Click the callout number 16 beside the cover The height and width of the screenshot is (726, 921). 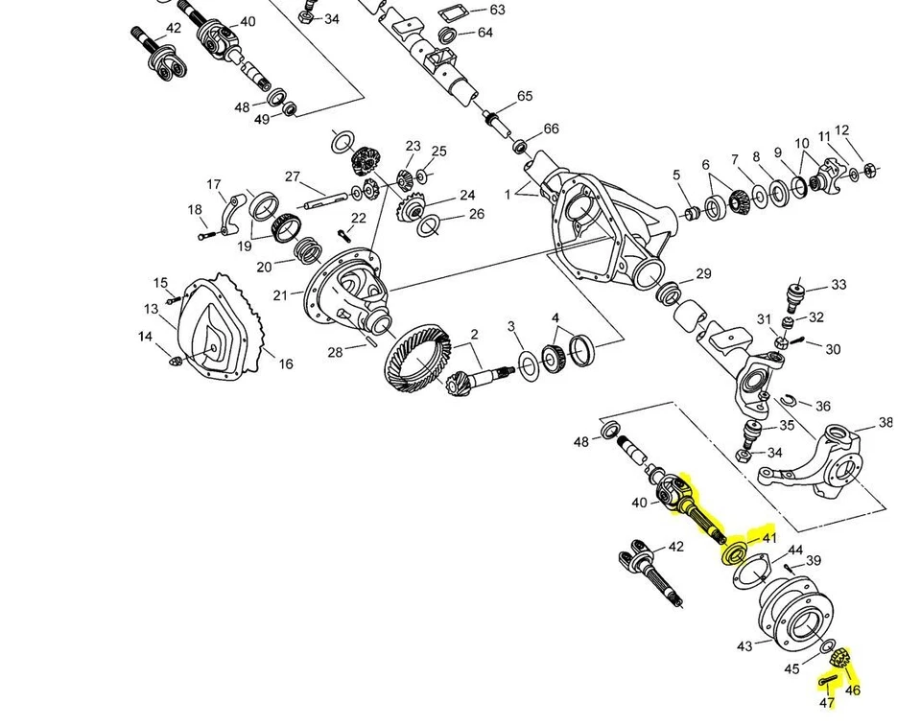[285, 363]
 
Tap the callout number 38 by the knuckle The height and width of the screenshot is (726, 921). [886, 422]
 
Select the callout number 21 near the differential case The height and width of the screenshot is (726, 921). [280, 295]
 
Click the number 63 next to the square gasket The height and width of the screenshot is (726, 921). [496, 10]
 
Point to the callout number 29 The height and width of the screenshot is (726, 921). [703, 274]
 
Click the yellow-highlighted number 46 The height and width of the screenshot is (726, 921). [853, 690]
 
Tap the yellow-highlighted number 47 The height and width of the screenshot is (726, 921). [827, 703]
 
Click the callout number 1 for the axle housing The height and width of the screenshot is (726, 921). [508, 195]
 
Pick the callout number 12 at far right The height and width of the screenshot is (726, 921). [842, 130]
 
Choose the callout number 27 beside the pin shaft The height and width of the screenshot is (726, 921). [293, 176]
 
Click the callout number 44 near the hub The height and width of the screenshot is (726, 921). [795, 550]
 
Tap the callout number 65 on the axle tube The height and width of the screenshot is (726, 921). [524, 96]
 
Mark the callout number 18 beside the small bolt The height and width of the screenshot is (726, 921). [195, 210]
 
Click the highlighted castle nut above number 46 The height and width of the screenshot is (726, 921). [841, 659]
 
